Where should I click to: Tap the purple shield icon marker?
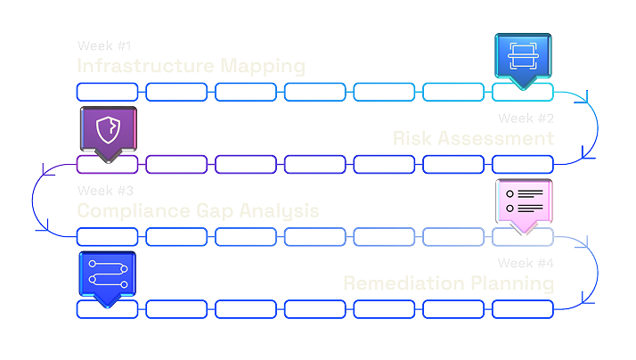(x=108, y=130)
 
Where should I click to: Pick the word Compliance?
(x=134, y=211)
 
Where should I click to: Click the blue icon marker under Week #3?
(x=107, y=275)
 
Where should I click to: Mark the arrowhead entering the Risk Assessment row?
(x=585, y=158)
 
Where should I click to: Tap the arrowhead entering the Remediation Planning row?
(x=585, y=303)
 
